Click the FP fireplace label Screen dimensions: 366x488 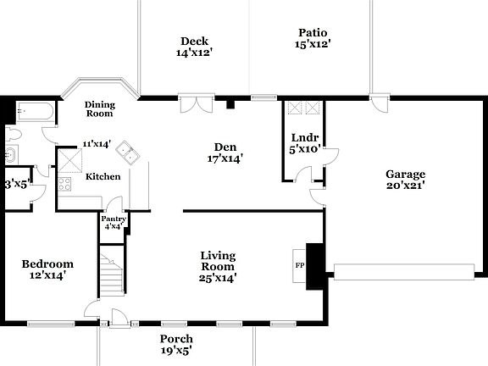click(x=298, y=263)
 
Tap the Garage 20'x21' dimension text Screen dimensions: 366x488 click(x=404, y=185)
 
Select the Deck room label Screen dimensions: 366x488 click(x=194, y=42)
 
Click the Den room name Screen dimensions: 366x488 click(x=225, y=146)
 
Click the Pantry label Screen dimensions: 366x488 click(x=114, y=219)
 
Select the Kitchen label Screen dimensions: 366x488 click(x=103, y=176)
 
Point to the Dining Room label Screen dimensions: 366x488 click(x=99, y=109)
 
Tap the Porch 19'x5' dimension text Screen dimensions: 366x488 click(x=176, y=350)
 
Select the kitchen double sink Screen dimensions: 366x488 click(x=129, y=152)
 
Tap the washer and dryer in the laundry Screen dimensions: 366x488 click(x=304, y=108)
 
